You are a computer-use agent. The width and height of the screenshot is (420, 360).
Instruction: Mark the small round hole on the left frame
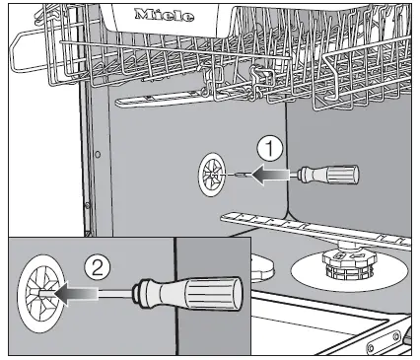pyautogui.click(x=97, y=155)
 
